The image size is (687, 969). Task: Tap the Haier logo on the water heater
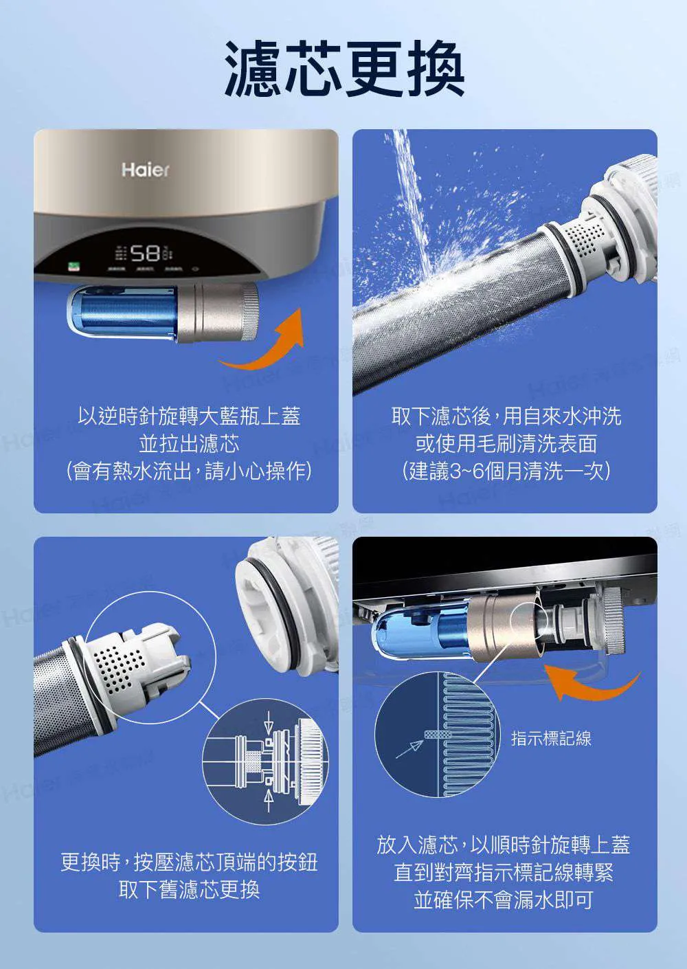pyautogui.click(x=145, y=170)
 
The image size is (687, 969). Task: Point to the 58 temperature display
pyautogui.click(x=145, y=253)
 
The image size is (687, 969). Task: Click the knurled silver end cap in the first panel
pyautogui.click(x=250, y=312)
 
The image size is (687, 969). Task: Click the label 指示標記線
pyautogui.click(x=551, y=737)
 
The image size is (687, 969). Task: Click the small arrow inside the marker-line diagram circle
pyautogui.click(x=409, y=749)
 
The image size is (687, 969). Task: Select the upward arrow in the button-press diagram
pyautogui.click(x=269, y=800)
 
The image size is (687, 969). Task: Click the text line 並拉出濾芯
pyautogui.click(x=189, y=444)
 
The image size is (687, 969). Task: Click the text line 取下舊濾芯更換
pyautogui.click(x=189, y=889)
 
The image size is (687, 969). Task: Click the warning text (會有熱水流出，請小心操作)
pyautogui.click(x=189, y=471)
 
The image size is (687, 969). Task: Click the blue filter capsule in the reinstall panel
pyautogui.click(x=418, y=630)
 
